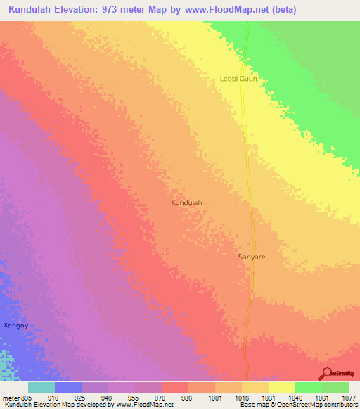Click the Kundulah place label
tap(186, 202)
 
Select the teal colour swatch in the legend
tap(41, 387)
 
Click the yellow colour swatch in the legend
tap(281, 387)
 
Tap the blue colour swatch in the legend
tap(68, 387)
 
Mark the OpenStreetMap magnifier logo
tap(326, 373)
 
